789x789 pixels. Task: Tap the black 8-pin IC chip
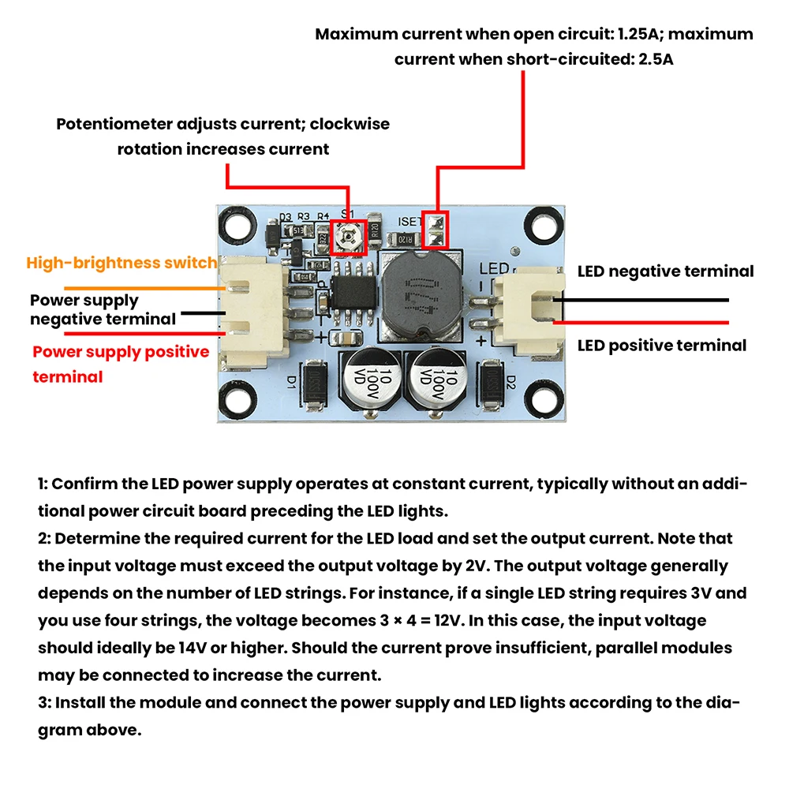(x=349, y=297)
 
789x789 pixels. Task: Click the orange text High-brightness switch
(x=122, y=263)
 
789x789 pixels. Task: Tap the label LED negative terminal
(x=665, y=271)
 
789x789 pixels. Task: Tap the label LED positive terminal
(x=661, y=346)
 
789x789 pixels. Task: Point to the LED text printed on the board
(x=494, y=268)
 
